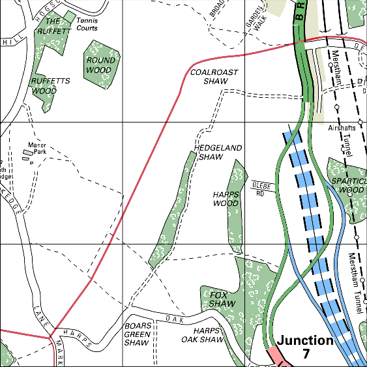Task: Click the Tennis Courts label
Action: click(87, 24)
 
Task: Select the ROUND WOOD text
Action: click(101, 65)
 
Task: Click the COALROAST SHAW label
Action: click(214, 77)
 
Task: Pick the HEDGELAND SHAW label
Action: click(218, 153)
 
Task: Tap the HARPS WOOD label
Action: click(226, 199)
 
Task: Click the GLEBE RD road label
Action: click(260, 189)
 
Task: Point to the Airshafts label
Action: click(343, 129)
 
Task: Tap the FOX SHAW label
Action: click(222, 300)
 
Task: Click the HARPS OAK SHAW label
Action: click(203, 335)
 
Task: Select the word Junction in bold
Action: click(305, 340)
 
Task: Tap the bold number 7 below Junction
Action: click(306, 354)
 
